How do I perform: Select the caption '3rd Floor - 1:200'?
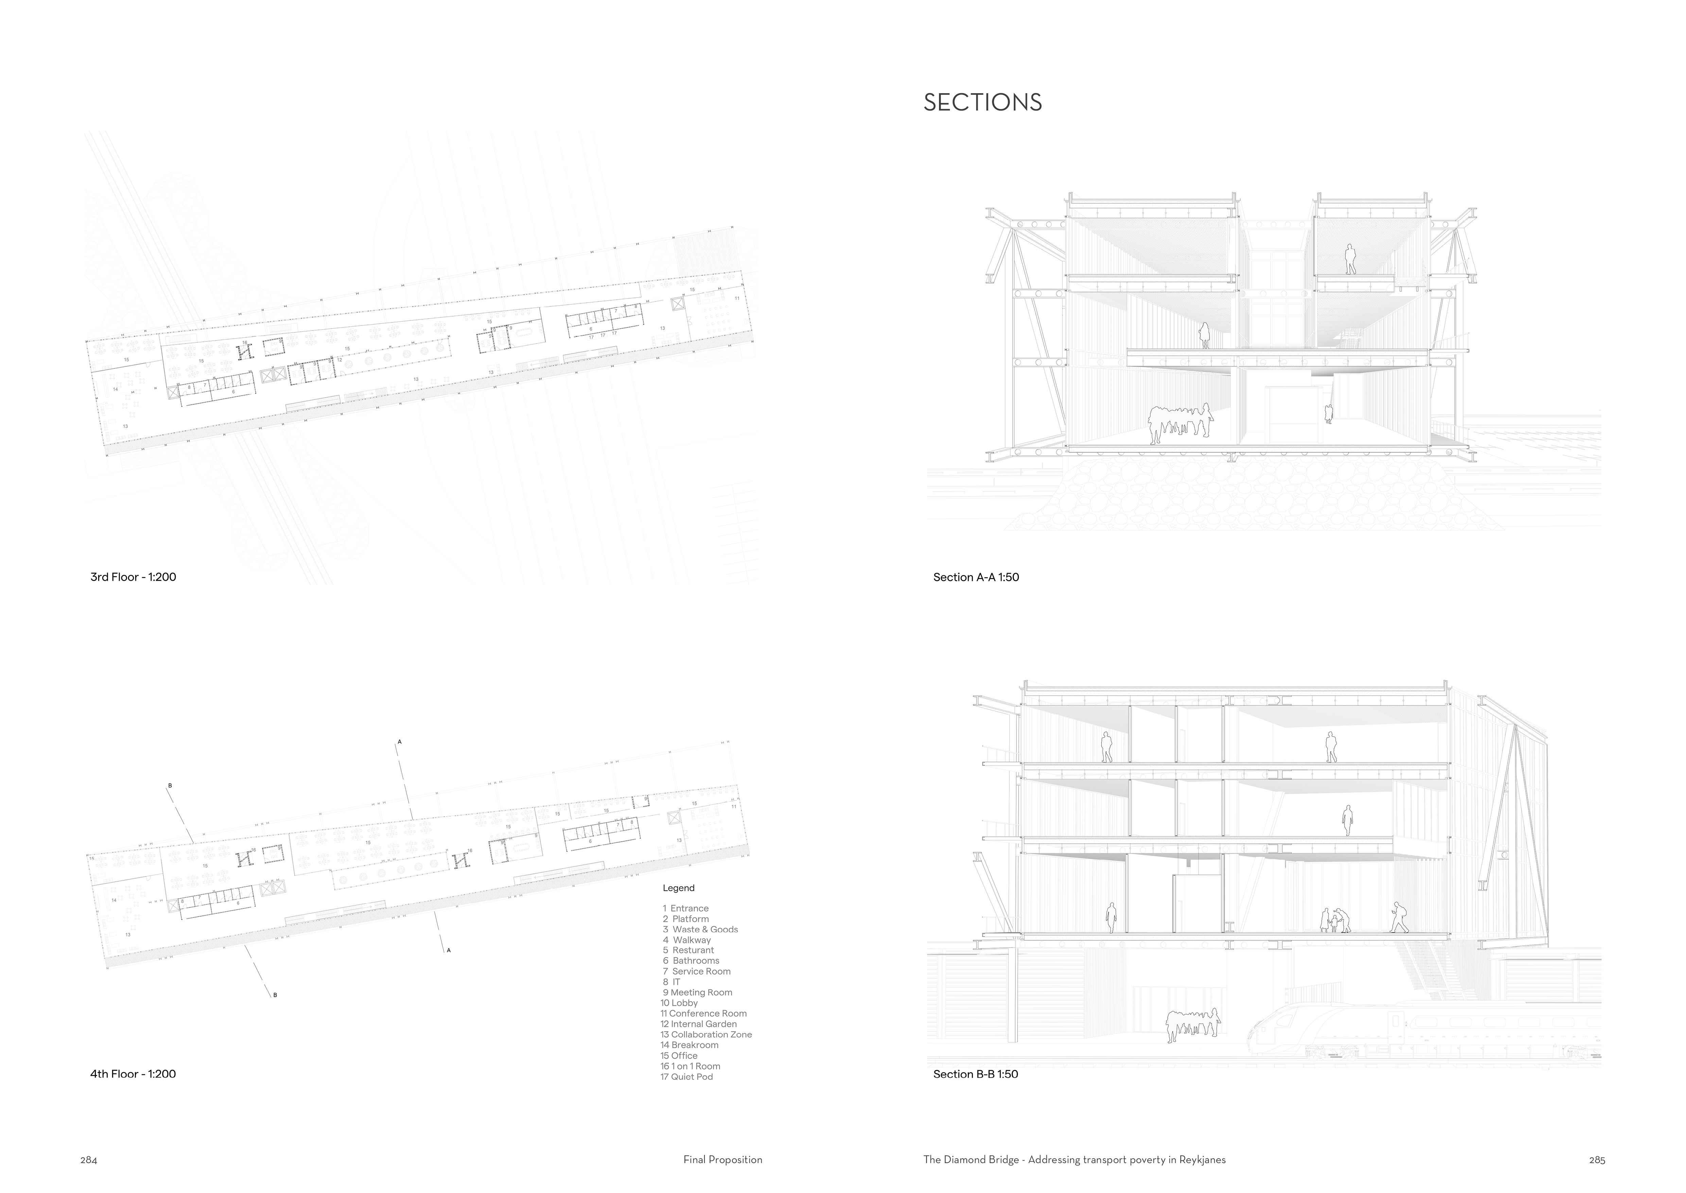click(133, 577)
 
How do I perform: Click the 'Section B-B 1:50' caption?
click(975, 1074)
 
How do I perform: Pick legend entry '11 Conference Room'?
click(703, 1013)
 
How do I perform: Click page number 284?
click(89, 1161)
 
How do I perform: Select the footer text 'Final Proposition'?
click(723, 1160)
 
